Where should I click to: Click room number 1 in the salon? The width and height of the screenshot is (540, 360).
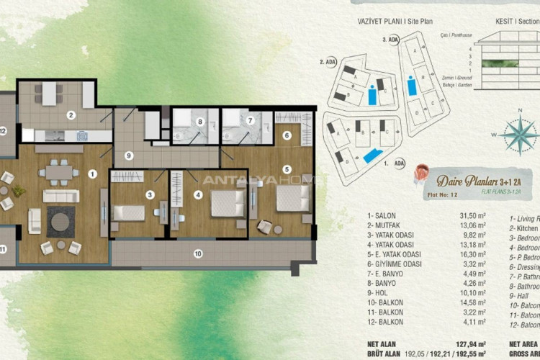(x=92, y=174)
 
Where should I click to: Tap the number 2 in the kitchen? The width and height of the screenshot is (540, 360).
(x=71, y=114)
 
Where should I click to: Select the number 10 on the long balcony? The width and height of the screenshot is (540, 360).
(x=198, y=253)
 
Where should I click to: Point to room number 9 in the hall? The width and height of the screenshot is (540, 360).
(x=128, y=156)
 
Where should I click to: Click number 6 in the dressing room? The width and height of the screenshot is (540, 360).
(x=287, y=135)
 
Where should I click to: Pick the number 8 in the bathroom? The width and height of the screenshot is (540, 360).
(x=199, y=121)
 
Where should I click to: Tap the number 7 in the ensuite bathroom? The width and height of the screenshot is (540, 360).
(x=250, y=121)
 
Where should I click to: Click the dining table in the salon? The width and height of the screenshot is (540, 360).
(x=59, y=173)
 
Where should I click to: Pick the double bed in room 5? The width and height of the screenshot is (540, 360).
(x=292, y=199)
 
